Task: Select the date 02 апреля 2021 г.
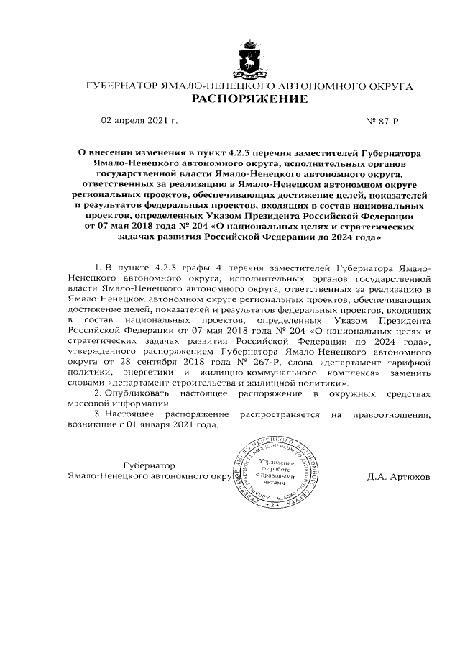139,120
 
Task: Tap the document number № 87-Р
382,120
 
